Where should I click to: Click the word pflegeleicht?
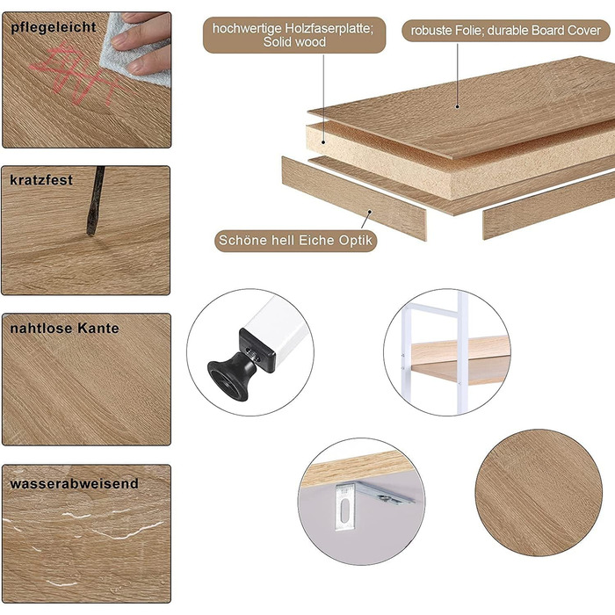click(54, 27)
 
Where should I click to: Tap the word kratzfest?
click(41, 180)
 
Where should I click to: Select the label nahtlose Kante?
click(64, 329)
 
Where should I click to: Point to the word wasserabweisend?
click(74, 483)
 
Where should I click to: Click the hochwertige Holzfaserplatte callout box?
click(294, 35)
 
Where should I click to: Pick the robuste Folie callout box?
click(505, 31)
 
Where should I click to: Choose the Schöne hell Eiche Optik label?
click(295, 241)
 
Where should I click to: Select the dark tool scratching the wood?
click(95, 201)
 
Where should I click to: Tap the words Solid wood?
click(294, 42)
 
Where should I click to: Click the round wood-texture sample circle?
click(539, 493)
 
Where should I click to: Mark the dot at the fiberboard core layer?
click(323, 142)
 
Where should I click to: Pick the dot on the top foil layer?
click(458, 106)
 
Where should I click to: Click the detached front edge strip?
click(354, 198)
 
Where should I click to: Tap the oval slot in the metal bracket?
click(344, 510)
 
